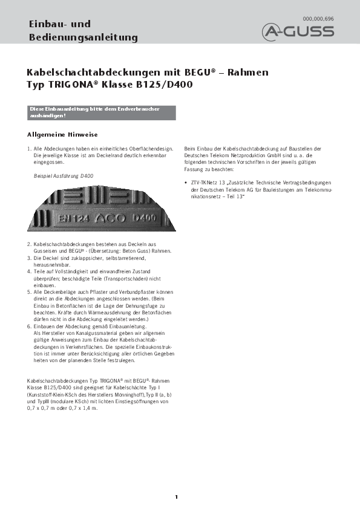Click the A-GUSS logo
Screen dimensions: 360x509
pyautogui.click(x=298, y=31)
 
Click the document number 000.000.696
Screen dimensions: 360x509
pyautogui.click(x=318, y=19)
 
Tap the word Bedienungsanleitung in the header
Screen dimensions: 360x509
pyautogui.click(x=83, y=37)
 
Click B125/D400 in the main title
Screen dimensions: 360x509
pyautogui.click(x=165, y=85)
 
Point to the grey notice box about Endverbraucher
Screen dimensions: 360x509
pyautogui.click(x=102, y=112)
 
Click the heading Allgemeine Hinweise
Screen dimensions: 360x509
pyautogui.click(x=63, y=134)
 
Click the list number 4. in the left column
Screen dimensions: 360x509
pyautogui.click(x=30, y=271)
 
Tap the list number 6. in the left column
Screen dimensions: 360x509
pyautogui.click(x=30, y=326)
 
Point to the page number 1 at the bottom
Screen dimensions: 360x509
pyautogui.click(x=176, y=497)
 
